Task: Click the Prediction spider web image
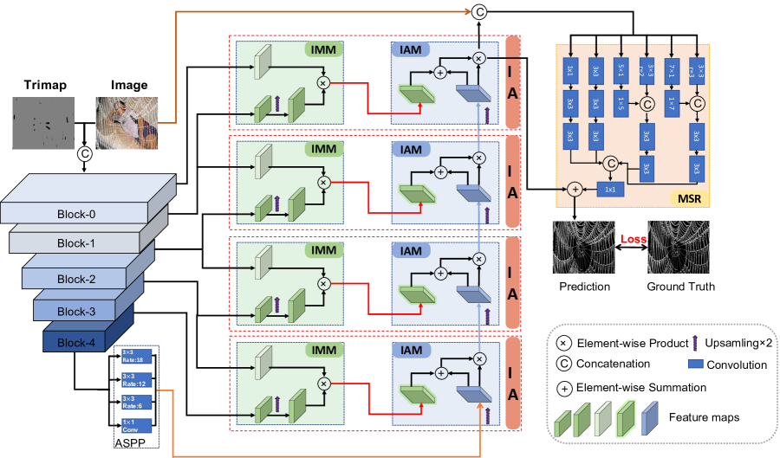pyautogui.click(x=584, y=248)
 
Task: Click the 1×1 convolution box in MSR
pyautogui.click(x=609, y=189)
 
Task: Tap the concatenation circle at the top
pyautogui.click(x=478, y=11)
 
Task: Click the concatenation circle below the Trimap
pyautogui.click(x=85, y=154)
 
